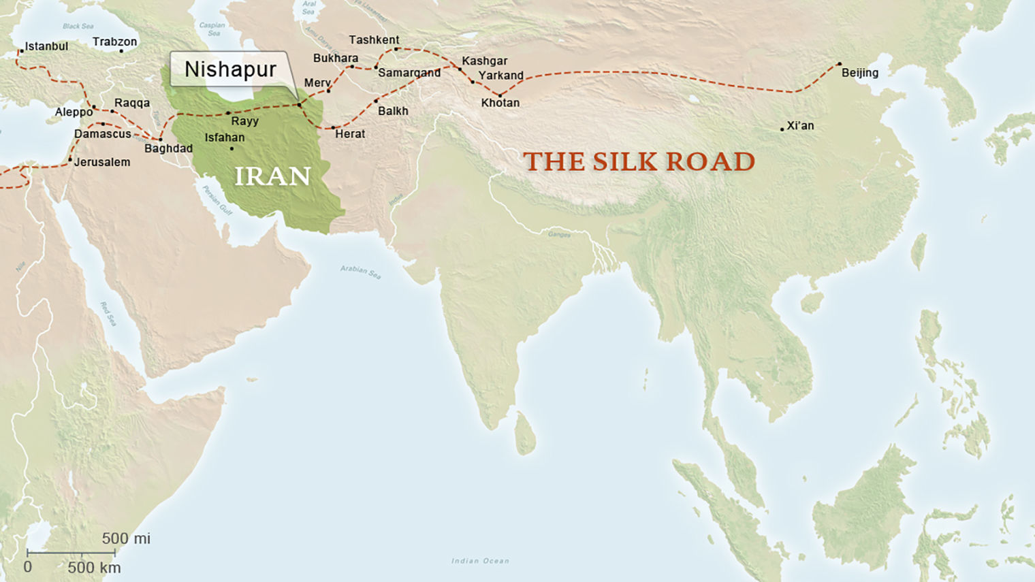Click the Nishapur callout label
230,69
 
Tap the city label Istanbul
46,46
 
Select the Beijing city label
859,73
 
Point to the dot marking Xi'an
782,129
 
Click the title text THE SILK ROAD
639,162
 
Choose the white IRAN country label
272,177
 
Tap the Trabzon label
114,42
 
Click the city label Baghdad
168,148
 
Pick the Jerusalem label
101,162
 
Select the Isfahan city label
224,138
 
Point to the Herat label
350,134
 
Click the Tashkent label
374,40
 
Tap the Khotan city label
500,103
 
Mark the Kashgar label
484,61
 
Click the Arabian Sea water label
360,272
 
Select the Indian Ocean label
479,561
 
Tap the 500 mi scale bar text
126,538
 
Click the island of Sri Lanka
524,434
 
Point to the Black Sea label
78,27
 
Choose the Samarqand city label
409,73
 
